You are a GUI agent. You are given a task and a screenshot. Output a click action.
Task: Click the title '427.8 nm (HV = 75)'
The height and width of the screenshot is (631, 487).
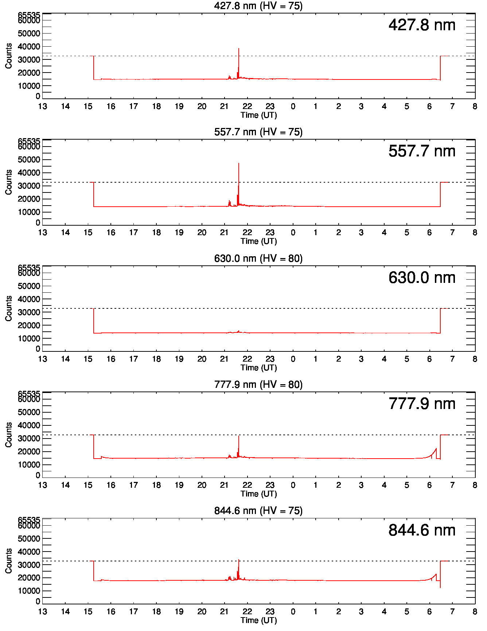pos(258,6)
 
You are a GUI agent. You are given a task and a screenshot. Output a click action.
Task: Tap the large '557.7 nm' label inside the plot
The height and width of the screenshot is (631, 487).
pos(422,151)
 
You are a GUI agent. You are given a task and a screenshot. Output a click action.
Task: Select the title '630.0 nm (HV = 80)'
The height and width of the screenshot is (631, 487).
pos(258,258)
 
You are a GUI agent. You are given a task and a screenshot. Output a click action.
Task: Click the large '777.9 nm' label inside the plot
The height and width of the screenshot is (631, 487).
pos(422,404)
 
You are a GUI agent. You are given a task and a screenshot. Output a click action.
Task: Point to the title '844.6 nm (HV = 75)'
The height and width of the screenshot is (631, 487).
pos(258,511)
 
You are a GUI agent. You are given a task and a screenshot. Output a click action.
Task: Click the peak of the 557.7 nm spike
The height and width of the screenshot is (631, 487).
pos(239,163)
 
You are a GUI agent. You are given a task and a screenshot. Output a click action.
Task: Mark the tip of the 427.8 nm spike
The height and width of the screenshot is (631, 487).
pos(239,48)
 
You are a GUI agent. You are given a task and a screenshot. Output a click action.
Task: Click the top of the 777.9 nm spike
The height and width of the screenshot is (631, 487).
pos(239,436)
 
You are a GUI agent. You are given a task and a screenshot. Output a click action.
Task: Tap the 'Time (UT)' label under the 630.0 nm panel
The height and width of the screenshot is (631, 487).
pos(258,367)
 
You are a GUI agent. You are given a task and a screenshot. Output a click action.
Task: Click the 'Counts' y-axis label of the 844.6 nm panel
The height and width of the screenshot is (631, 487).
pos(8,561)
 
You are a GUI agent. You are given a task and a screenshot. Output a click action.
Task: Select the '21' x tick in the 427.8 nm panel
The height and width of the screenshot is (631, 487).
pos(225,106)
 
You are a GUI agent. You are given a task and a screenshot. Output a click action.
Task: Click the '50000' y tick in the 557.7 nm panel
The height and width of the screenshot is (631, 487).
pos(29,160)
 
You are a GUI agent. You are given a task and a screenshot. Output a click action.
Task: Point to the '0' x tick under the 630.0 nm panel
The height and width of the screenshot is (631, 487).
pos(293,359)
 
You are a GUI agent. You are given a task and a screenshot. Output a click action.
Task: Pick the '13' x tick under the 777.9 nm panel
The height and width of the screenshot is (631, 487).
pos(43,485)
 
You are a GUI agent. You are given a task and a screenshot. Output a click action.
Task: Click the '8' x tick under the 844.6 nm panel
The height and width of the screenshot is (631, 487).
pos(475,612)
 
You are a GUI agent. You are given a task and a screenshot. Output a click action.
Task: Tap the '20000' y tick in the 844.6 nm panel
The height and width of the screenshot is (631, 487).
pos(29,578)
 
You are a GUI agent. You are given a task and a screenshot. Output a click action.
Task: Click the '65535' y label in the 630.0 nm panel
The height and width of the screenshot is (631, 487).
pos(29,268)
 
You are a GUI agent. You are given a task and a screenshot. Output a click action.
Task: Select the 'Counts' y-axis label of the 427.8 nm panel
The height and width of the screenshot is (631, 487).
pos(8,56)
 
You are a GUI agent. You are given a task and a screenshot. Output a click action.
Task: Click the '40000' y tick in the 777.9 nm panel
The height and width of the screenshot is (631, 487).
pos(29,425)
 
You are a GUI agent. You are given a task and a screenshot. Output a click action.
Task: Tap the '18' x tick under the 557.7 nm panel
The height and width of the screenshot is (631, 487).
pos(156,233)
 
